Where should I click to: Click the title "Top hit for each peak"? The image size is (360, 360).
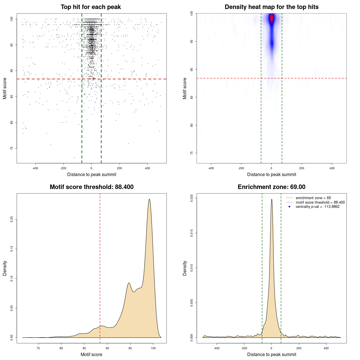tap(91, 7)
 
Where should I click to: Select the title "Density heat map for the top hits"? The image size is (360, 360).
tap(271, 7)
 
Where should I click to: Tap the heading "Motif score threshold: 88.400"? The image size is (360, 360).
tap(91, 187)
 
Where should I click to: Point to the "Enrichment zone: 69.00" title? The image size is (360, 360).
tap(271, 187)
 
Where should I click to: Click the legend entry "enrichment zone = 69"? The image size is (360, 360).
tap(313, 198)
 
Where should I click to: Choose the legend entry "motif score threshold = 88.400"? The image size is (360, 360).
tap(320, 202)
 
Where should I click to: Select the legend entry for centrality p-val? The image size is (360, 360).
tap(318, 207)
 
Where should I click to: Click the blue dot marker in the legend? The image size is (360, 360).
tap(289, 207)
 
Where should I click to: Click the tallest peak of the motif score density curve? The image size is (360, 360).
tap(149, 199)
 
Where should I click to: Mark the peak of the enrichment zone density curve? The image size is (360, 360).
tap(272, 199)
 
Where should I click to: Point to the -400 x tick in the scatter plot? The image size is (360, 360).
tap(35, 168)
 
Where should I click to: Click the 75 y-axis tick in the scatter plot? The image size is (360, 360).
tap(12, 148)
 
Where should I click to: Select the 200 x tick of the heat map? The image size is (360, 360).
tap(302, 168)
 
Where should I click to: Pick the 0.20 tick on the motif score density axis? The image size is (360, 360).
tap(12, 219)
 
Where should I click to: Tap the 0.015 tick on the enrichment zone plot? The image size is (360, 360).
tap(192, 233)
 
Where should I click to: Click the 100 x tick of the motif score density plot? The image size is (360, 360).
tap(153, 348)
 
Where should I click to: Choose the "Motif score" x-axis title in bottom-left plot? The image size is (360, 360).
tap(91, 354)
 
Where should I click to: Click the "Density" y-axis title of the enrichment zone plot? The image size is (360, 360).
tap(185, 268)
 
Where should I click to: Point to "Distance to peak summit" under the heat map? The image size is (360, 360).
tap(271, 174)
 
